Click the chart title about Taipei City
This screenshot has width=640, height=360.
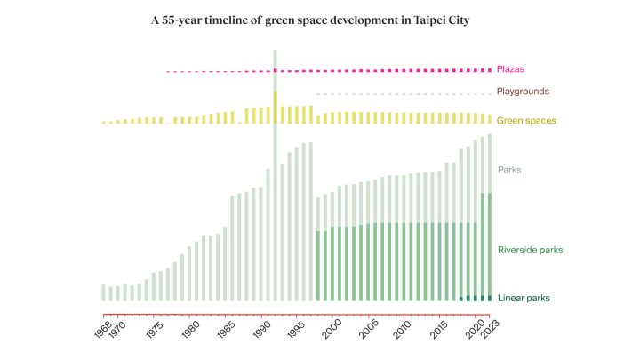(310, 20)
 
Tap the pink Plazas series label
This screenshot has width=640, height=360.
(510, 69)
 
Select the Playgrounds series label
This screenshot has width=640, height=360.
(523, 92)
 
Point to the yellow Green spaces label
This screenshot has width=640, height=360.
(526, 120)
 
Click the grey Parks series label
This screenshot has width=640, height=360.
(509, 170)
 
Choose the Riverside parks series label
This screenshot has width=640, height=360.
(530, 250)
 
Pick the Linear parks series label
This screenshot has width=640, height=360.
(524, 298)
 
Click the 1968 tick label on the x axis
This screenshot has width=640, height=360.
(102, 330)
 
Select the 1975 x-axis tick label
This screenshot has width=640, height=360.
(155, 330)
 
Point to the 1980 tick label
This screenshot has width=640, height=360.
(190, 330)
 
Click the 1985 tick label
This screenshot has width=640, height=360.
(226, 330)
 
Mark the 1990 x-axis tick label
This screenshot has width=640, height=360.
(261, 330)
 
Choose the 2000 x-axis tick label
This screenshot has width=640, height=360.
(332, 330)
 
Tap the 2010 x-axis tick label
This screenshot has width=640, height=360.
(403, 330)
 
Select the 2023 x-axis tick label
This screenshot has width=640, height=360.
(490, 330)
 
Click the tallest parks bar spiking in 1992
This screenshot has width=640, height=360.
(275, 175)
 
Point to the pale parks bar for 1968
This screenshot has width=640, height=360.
(103, 292)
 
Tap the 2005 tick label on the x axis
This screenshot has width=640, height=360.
(368, 330)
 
